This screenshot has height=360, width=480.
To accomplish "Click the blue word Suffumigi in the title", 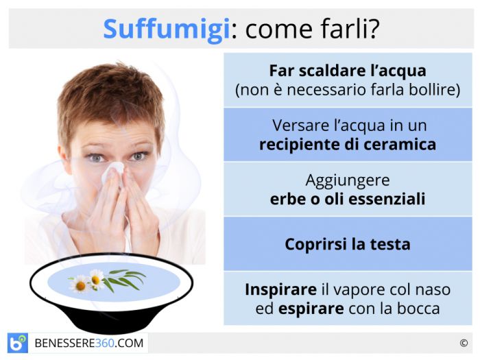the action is tap(167, 29).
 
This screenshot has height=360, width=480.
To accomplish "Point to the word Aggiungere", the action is tap(348, 181).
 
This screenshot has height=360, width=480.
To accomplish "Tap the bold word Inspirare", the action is tap(280, 290).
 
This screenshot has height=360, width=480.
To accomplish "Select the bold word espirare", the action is tap(311, 309).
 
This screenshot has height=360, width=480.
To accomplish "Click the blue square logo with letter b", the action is tap(18, 343).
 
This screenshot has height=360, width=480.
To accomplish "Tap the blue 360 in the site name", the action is tap(105, 343).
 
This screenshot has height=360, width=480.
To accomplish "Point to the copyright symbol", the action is tap(464, 343).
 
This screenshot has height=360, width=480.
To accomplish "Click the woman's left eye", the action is tap(138, 156).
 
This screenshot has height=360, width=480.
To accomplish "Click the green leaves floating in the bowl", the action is tap(124, 280).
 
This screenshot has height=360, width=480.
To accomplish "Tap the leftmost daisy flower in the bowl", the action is tap(80, 285).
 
